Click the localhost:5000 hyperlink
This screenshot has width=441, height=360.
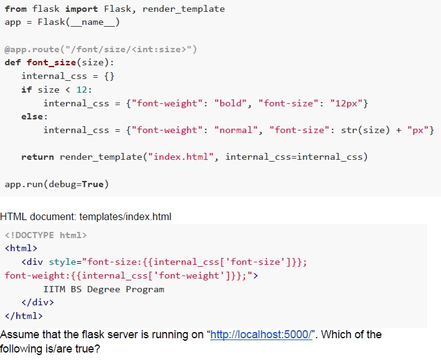(x=261, y=335)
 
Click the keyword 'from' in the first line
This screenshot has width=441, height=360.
(x=16, y=9)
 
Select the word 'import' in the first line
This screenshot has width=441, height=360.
(x=81, y=9)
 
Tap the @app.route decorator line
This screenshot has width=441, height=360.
(x=101, y=50)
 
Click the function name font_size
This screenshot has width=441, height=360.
(x=52, y=62)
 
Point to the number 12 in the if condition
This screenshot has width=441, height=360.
(x=82, y=90)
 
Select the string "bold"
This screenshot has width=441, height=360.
(x=231, y=103)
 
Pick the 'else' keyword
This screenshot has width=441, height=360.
(x=32, y=116)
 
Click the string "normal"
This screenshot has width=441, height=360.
(x=236, y=130)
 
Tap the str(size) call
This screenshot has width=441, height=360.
(x=365, y=130)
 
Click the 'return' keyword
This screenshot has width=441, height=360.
(x=38, y=157)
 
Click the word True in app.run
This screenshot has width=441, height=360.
(x=93, y=184)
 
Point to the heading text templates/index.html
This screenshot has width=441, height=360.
(x=125, y=217)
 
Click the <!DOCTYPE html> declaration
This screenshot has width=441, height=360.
(x=46, y=235)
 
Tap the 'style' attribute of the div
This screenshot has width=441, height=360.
(x=62, y=262)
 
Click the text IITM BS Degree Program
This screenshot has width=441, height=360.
(x=104, y=289)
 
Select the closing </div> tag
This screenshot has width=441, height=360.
(x=38, y=303)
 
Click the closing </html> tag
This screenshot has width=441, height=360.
(x=24, y=316)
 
